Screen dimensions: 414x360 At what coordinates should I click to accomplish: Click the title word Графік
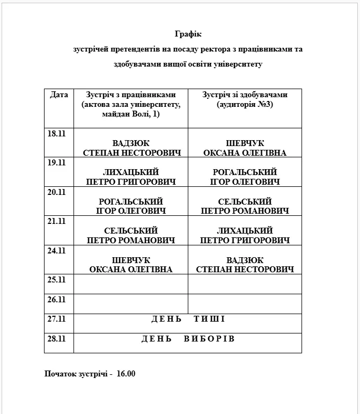pos(188,34)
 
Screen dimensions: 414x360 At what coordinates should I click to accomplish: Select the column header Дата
pos(59,95)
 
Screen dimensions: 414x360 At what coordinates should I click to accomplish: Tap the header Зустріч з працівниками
pos(130,95)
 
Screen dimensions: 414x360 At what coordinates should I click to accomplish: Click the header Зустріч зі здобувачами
pos(245,95)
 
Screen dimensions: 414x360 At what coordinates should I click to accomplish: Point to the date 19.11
pos(56,163)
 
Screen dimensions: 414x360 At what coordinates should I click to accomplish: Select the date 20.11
pos(56,192)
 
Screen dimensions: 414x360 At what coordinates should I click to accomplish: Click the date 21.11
pos(56,221)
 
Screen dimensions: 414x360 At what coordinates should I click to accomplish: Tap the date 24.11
pos(56,250)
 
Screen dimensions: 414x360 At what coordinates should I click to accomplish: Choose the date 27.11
pos(56,319)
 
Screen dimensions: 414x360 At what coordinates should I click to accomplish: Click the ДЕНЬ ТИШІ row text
pos(188,319)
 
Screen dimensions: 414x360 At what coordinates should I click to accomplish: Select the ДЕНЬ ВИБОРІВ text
pos(188,339)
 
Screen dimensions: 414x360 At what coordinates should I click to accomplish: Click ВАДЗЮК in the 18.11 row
pos(131,143)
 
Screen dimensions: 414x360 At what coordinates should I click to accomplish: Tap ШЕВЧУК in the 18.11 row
pos(245,143)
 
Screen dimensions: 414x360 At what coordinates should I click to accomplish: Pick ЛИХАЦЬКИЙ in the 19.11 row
pos(131,172)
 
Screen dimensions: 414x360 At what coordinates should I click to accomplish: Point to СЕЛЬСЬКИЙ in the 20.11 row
pos(245,201)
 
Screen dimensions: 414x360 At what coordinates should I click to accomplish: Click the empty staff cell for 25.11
pos(131,285)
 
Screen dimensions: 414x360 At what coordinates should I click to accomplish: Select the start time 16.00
pos(126,373)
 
